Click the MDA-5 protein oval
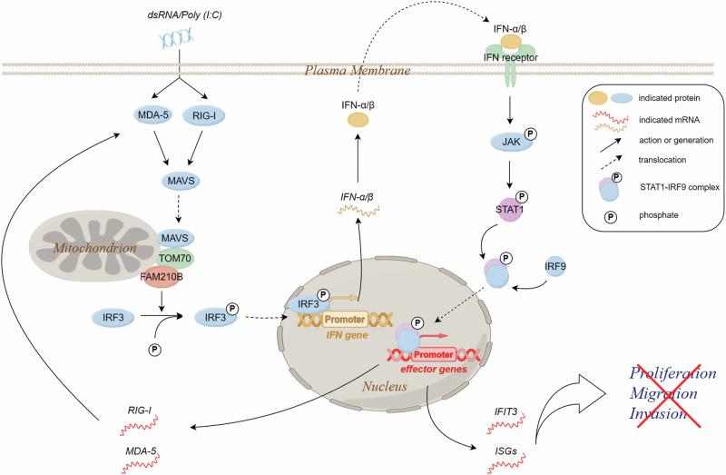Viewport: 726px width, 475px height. pyautogui.click(x=152, y=115)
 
